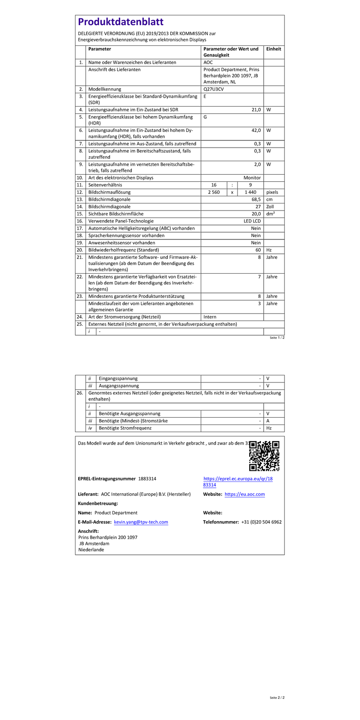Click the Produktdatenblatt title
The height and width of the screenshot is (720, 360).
pyautogui.click(x=121, y=22)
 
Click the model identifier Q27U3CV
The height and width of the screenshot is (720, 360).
pyautogui.click(x=213, y=89)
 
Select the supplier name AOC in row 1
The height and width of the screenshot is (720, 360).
pyautogui.click(x=208, y=62)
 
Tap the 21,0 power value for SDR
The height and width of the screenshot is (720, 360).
pyautogui.click(x=256, y=109)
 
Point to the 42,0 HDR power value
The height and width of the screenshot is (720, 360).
pyautogui.click(x=256, y=130)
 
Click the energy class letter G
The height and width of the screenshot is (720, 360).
pyautogui.click(x=205, y=117)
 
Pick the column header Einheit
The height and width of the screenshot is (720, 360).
pyautogui.click(x=274, y=49)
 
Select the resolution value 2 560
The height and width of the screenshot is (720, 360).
pyautogui.click(x=213, y=192)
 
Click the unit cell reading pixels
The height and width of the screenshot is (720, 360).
pyautogui.click(x=272, y=192)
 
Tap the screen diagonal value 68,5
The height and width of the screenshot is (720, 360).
pyautogui.click(x=256, y=199)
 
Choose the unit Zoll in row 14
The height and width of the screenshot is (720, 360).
pyautogui.click(x=270, y=207)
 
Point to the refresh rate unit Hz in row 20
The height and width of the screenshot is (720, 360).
pyautogui.click(x=269, y=250)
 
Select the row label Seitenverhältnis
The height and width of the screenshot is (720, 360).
pyautogui.click(x=105, y=185)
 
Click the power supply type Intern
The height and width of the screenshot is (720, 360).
pyautogui.click(x=210, y=317)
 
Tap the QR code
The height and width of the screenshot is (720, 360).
pyautogui.click(x=264, y=456)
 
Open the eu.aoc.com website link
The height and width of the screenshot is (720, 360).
pyautogui.click(x=244, y=494)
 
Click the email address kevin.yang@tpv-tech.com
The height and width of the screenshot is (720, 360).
pyautogui.click(x=141, y=522)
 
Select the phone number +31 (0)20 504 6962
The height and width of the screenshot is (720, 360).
pyautogui.click(x=261, y=522)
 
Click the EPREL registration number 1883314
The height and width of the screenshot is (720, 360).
pyautogui.click(x=147, y=478)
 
